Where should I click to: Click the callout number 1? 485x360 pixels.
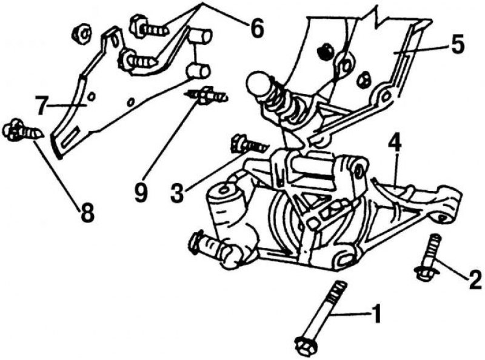click(376, 314)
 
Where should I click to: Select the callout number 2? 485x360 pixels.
click(475, 280)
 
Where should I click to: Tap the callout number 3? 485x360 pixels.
click(177, 193)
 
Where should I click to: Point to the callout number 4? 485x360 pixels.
click(395, 143)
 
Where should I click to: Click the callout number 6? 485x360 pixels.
click(257, 28)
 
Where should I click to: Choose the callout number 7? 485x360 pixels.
click(42, 105)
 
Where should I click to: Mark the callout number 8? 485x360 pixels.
click(87, 213)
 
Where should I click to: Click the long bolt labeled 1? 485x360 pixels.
click(322, 318)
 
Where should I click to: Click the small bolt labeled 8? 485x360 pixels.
click(23, 131)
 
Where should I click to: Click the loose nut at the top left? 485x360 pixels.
click(81, 35)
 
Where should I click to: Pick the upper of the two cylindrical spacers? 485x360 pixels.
click(201, 36)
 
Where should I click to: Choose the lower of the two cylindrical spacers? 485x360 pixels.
click(198, 71)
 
